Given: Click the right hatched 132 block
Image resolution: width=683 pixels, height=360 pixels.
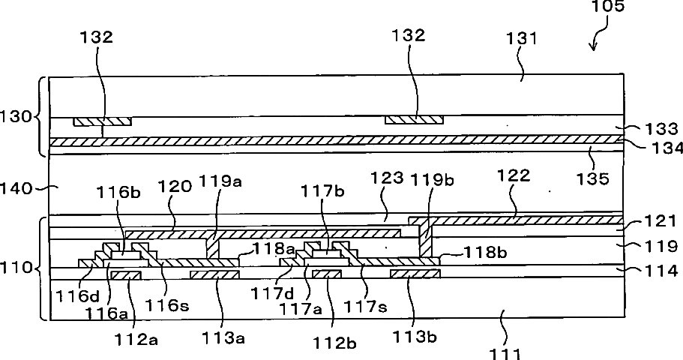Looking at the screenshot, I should (x=414, y=120).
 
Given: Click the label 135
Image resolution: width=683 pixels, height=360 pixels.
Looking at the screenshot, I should (x=592, y=179).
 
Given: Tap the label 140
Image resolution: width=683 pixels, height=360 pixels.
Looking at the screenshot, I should (x=19, y=190).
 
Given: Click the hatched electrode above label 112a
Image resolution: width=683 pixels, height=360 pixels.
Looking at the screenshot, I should (x=125, y=275).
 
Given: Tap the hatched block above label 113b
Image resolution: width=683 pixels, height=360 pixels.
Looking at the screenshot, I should (x=415, y=275).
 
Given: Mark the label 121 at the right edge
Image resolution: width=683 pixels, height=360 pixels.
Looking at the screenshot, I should (x=662, y=223).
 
